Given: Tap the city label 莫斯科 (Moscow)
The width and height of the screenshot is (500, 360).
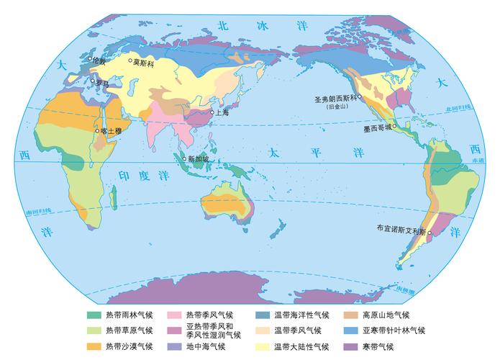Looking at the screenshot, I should [145, 62].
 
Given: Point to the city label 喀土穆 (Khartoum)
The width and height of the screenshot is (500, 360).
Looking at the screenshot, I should [112, 130].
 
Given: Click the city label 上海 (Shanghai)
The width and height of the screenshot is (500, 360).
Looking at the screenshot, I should [222, 112].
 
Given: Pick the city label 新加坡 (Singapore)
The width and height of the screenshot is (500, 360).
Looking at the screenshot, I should [198, 159].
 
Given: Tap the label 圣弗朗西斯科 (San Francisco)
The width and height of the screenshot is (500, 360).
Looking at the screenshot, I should [337, 98].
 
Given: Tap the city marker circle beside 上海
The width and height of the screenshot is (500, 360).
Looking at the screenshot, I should [212, 112].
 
